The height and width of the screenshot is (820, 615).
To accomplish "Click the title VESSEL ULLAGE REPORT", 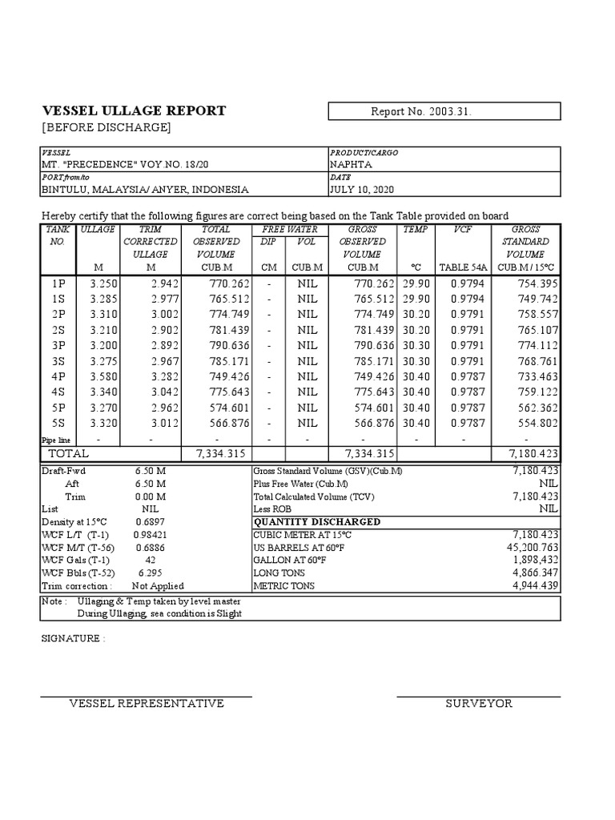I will tap(133, 111).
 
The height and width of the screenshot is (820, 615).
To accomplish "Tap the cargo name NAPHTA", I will tap(351, 164).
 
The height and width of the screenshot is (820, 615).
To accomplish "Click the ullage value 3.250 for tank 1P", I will tap(103, 283).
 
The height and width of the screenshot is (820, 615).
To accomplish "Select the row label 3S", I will tap(59, 361).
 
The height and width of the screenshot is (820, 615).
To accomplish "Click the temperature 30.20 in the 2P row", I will tap(416, 315).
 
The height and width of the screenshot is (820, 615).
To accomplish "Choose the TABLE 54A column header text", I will tap(463, 267).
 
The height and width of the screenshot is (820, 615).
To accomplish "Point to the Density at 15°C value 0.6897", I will tap(150, 521).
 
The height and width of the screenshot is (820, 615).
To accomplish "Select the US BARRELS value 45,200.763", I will tap(525, 548).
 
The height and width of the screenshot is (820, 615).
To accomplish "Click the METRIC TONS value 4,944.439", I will tap(529, 586).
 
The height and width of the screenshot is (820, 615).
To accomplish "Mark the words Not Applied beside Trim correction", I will tap(157, 586).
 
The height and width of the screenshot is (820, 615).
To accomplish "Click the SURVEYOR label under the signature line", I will tap(479, 704).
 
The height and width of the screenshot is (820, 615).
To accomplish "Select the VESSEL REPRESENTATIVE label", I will tap(147, 704).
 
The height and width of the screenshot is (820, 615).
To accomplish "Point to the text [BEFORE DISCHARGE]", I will tap(107, 128).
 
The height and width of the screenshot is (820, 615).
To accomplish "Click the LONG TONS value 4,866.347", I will tap(529, 573).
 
